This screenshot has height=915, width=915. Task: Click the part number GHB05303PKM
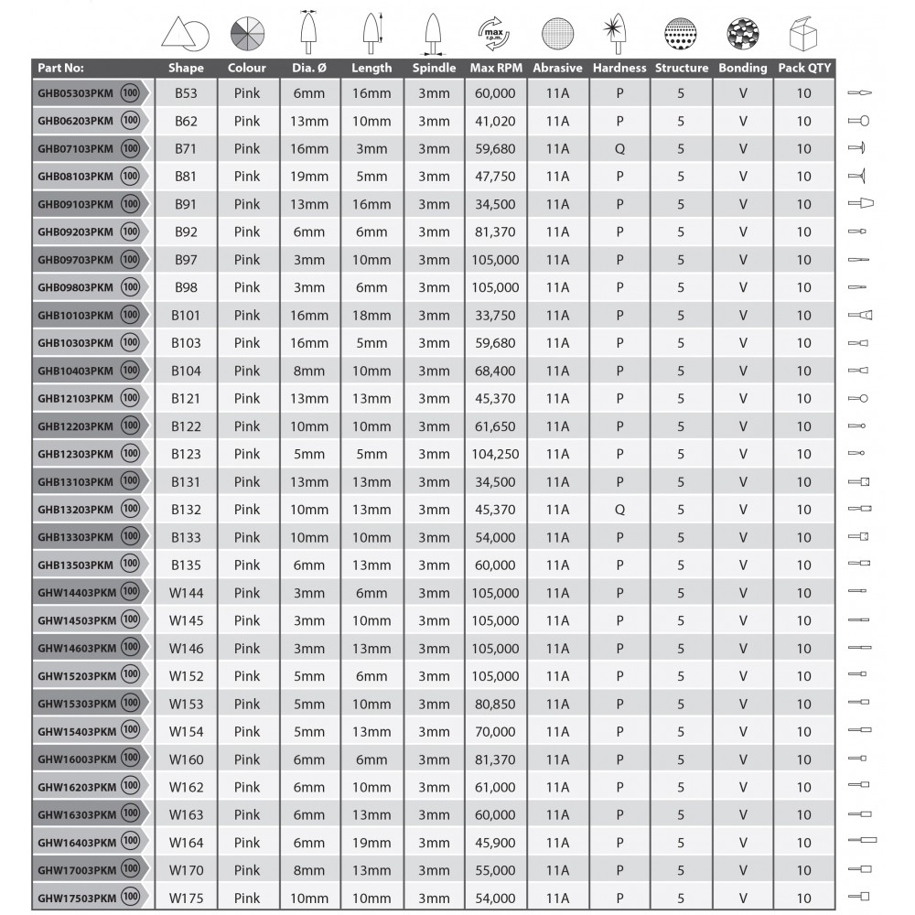[75, 93]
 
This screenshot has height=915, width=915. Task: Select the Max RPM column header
[495, 68]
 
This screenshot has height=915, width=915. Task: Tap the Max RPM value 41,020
[495, 121]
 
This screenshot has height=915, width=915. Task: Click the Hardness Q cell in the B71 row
[619, 148]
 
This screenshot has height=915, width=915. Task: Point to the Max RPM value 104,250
[495, 454]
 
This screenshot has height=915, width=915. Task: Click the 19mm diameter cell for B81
[309, 176]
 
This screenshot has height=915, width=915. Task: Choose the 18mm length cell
[371, 315]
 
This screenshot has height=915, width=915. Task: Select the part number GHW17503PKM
[75, 899]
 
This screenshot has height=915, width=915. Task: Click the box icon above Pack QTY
[803, 35]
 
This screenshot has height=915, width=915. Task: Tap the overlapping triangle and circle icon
[186, 35]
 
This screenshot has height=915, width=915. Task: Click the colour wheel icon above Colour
[247, 35]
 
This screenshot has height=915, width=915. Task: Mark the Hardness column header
[619, 68]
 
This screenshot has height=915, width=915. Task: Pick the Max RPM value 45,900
[495, 843]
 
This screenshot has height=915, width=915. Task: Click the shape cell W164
[186, 843]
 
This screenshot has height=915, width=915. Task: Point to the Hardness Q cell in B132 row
[619, 510]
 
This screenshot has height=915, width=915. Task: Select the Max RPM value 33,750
[495, 315]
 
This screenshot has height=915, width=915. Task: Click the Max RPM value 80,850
[495, 704]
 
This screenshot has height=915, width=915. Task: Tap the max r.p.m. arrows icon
[495, 35]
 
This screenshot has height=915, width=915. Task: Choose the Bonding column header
[742, 68]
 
